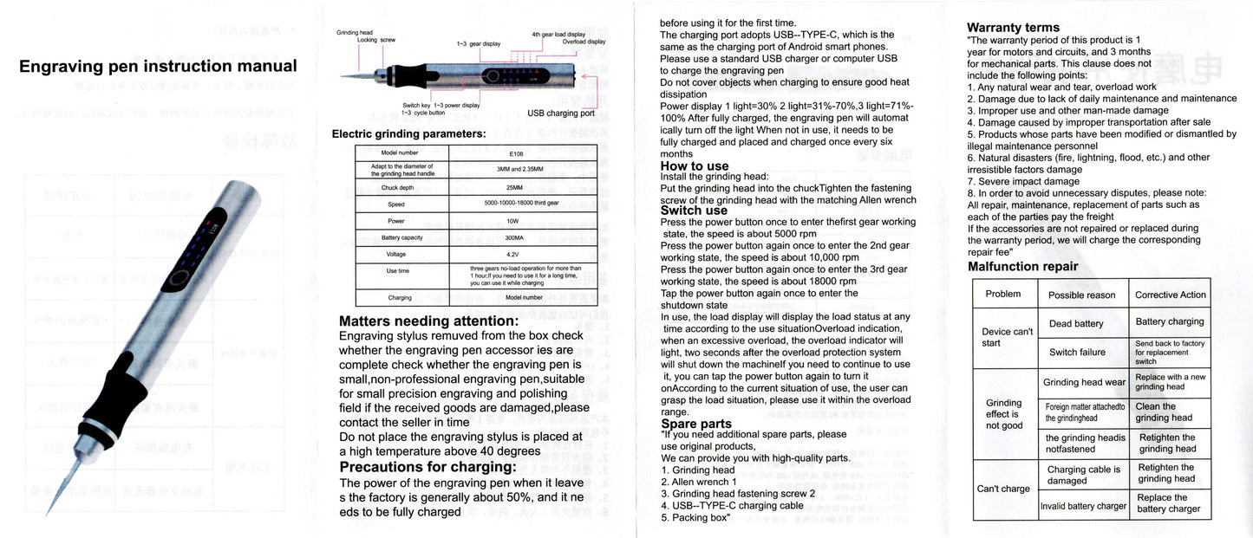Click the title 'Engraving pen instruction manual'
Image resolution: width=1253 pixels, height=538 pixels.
point(158,67)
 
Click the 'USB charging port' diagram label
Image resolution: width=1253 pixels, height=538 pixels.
point(561,113)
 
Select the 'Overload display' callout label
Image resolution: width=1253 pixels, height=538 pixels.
point(584,42)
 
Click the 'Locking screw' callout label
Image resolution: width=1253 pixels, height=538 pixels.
point(376,40)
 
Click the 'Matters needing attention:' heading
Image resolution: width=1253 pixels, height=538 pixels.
point(428,321)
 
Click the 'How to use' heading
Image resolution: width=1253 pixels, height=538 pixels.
point(695,166)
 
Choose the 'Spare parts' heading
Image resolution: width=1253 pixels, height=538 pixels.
point(696,424)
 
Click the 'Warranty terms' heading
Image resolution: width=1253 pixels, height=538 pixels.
point(1013,28)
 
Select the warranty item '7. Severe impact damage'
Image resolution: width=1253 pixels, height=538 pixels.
point(1023,181)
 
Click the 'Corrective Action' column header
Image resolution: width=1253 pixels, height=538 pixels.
point(1170,295)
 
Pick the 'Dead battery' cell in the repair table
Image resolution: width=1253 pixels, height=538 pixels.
point(1076,324)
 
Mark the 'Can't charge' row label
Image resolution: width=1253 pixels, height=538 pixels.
point(1003,489)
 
